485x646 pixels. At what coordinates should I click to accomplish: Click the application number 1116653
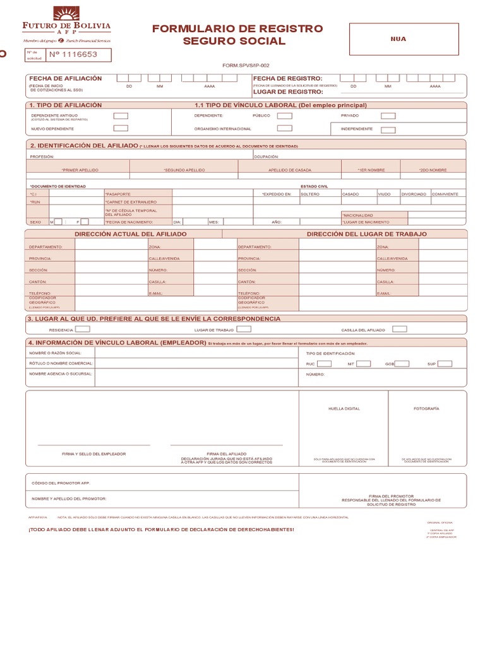(73, 55)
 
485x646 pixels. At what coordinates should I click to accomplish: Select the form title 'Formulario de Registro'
(237, 29)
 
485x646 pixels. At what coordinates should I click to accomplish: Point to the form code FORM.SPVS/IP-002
(246, 66)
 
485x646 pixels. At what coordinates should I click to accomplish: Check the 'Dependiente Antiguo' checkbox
(121, 116)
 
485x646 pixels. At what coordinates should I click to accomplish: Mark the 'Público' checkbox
(285, 116)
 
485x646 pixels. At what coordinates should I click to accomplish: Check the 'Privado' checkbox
(388, 116)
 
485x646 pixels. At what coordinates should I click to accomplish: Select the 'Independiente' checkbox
(388, 130)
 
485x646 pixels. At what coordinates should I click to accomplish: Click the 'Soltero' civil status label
(310, 194)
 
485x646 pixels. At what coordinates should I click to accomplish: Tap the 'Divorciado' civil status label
(414, 194)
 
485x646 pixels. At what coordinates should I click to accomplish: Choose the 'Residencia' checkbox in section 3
(83, 329)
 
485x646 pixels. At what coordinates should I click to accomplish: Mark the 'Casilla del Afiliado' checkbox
(399, 329)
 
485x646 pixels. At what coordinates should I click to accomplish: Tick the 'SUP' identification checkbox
(445, 364)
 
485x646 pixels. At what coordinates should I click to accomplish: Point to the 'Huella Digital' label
(344, 409)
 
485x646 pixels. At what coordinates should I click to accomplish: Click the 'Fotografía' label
(426, 409)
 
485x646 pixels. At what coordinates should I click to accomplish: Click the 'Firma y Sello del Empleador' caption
(93, 454)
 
